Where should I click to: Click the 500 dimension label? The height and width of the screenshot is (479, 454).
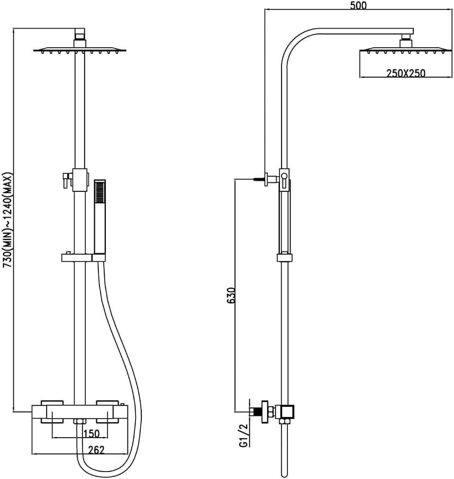(x=358, y=5)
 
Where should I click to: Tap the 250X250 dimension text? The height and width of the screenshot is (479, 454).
(x=406, y=73)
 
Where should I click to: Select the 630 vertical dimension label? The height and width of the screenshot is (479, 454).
(x=231, y=295)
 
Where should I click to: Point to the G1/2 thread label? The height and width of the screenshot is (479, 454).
(x=244, y=435)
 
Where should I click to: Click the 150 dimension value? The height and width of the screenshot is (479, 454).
(x=92, y=433)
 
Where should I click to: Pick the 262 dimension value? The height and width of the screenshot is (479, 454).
(x=96, y=450)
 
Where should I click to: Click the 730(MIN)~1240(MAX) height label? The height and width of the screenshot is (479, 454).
(x=7, y=220)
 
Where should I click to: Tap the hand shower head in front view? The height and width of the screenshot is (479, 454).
(x=100, y=217)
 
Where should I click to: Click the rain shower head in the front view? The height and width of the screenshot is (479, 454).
(x=79, y=50)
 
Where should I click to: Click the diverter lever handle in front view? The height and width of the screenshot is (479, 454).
(x=67, y=179)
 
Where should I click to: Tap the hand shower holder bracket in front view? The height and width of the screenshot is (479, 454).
(x=83, y=258)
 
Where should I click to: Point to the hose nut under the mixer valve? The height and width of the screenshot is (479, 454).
(x=79, y=422)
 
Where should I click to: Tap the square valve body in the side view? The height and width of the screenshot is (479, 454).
(x=287, y=412)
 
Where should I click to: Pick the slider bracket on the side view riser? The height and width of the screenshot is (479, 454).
(x=285, y=257)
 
